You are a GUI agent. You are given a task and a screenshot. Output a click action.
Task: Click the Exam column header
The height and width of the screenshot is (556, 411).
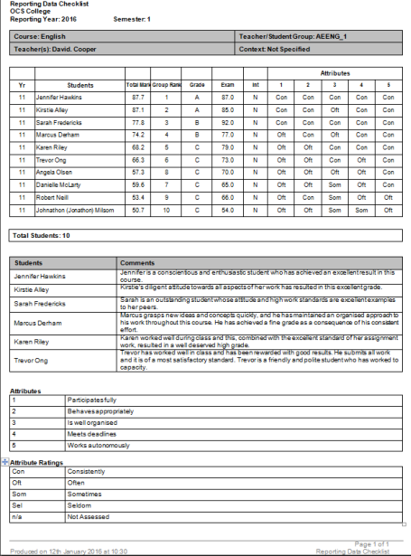(228, 83)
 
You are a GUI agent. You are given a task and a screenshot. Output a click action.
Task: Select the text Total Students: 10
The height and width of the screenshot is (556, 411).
(42, 235)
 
